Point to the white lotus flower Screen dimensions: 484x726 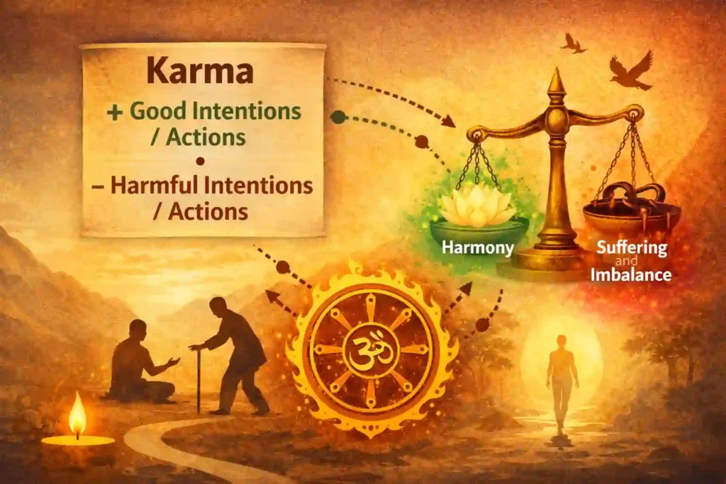click(477, 205)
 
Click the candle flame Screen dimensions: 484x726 click(77, 418)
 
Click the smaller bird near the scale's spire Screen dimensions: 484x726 click(573, 43)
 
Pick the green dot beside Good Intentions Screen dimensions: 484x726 click(338, 117)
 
